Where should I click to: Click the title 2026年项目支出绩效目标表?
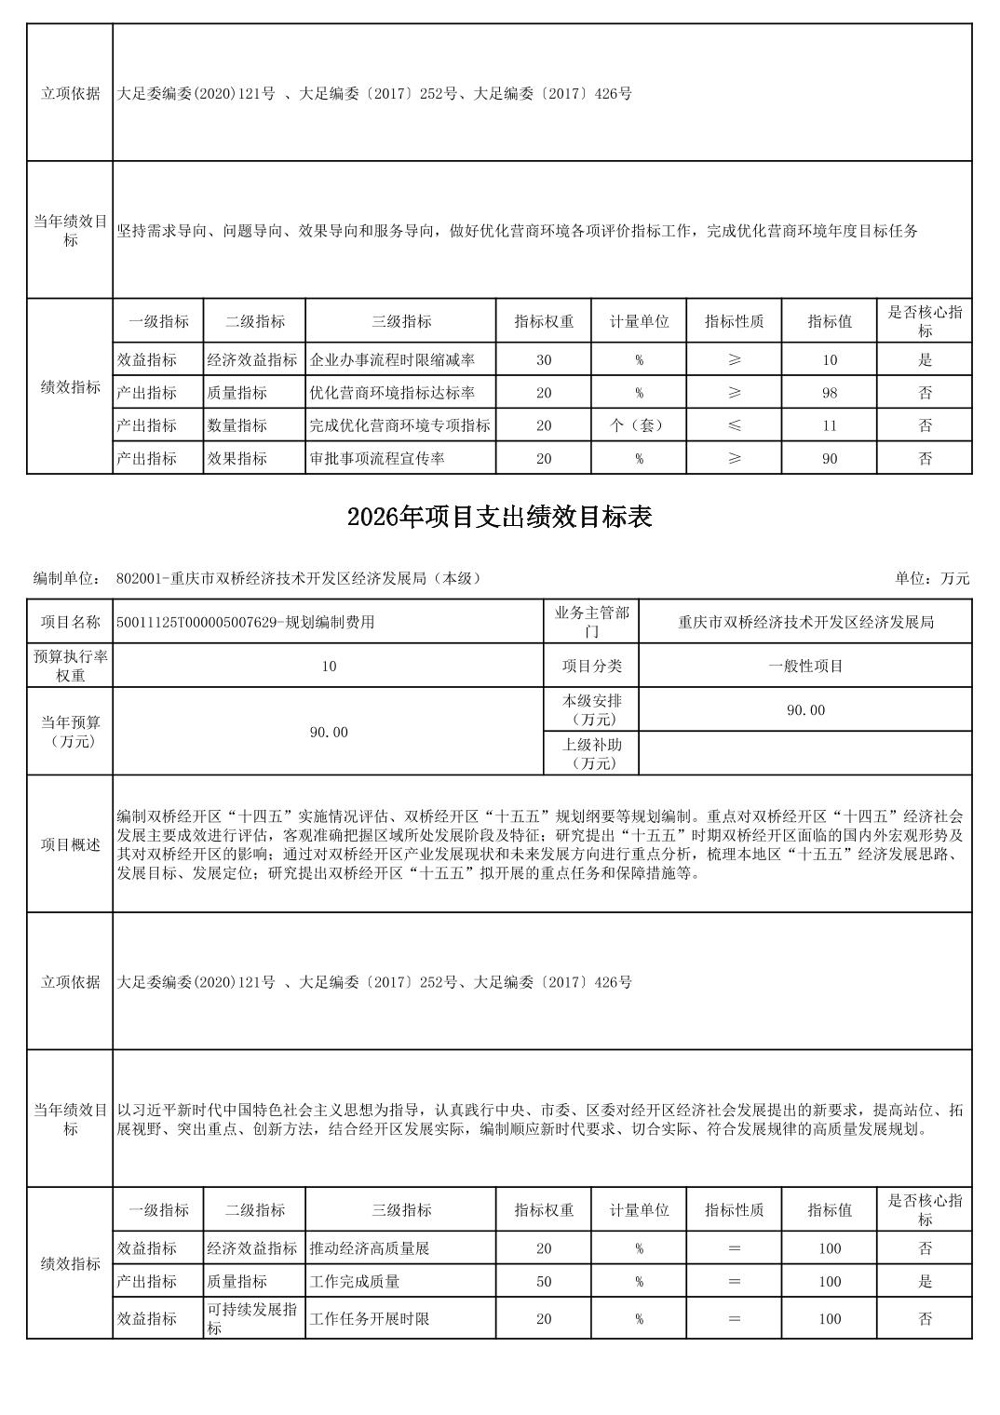[x=499, y=518]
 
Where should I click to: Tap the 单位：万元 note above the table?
[x=932, y=578]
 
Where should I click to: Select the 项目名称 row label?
[x=70, y=622]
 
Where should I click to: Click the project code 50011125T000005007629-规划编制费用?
[x=246, y=622]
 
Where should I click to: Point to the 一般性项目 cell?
[x=805, y=666]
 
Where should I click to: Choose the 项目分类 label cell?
[x=591, y=666]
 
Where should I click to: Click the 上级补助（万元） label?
[x=591, y=753]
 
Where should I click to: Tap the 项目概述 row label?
[x=70, y=844]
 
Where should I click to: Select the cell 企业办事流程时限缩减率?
[x=392, y=360]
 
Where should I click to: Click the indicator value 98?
[x=830, y=393]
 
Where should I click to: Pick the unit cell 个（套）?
[x=639, y=425]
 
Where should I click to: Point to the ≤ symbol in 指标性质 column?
[x=735, y=425]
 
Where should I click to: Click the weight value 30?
[x=544, y=360]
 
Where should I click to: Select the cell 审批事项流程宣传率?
[x=377, y=458]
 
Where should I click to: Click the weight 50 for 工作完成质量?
[x=544, y=1281]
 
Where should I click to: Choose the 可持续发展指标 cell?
[x=252, y=1318]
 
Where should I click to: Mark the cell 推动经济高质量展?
[x=370, y=1248]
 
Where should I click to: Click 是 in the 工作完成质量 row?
[x=925, y=1281]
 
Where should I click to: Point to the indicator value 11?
[x=830, y=425]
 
